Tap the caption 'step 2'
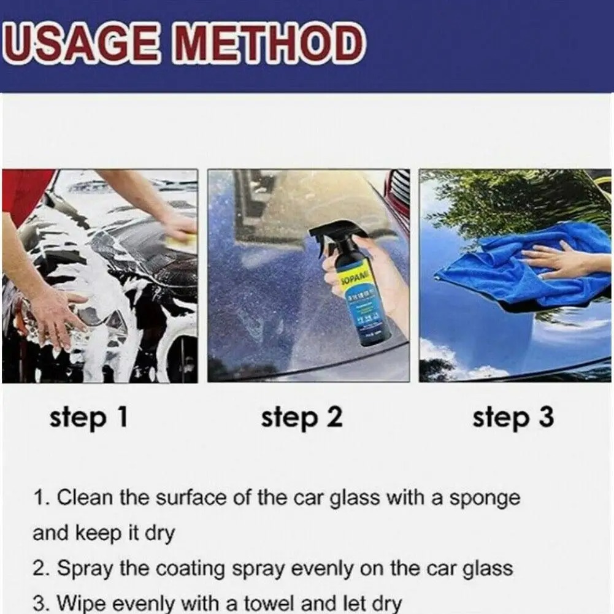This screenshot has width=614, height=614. tap(301, 418)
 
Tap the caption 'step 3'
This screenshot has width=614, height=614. tap(513, 418)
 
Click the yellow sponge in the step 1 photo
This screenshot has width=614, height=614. tap(180, 241)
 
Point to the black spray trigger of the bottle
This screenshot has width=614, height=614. tap(334, 236)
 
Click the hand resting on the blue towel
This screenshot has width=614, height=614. tap(555, 258)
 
